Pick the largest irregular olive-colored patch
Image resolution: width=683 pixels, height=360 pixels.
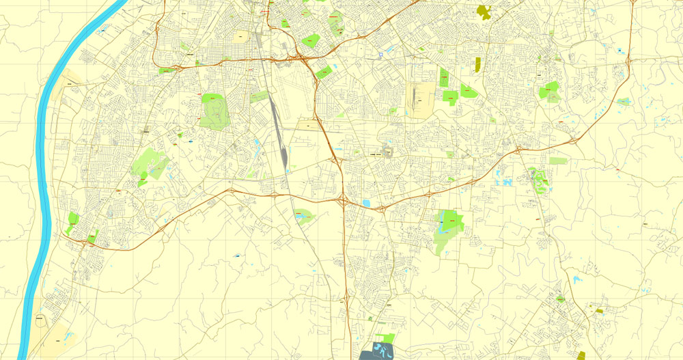coord(484,11)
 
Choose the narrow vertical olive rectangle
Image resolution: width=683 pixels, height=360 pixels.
coord(477,65)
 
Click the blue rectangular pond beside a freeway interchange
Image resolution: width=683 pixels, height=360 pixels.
coord(367,203)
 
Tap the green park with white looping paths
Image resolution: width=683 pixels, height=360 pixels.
coord(538,180)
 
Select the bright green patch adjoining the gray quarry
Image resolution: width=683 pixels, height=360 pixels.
coord(385,338)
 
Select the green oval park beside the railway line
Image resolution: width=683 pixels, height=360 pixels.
coord(303,217)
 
